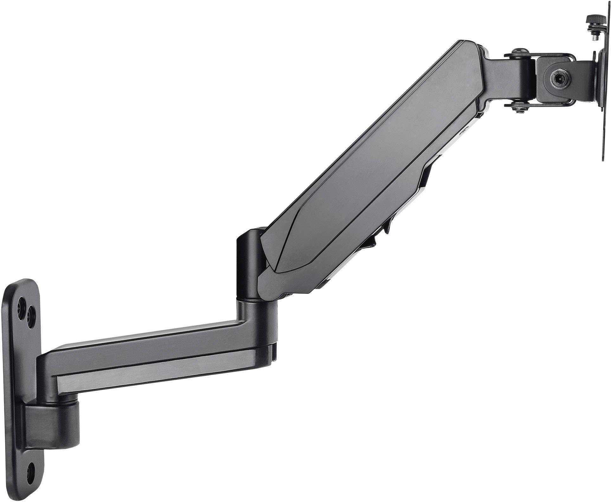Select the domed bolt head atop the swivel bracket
click(x=520, y=51)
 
